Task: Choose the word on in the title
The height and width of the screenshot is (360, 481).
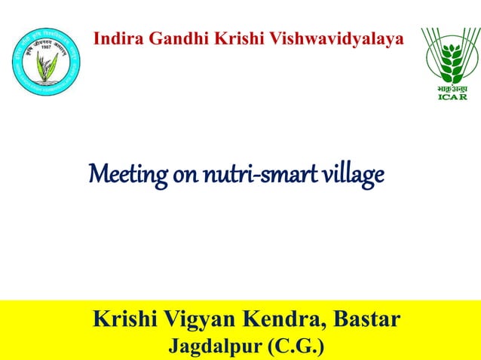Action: [185, 177]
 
